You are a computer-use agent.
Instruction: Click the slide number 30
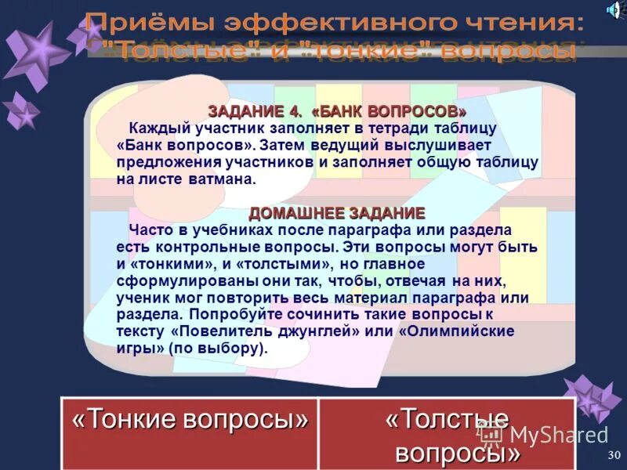pos(614,455)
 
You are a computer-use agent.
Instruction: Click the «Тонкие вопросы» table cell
pos(190,420)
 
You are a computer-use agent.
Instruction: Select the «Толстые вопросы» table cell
pos(447,435)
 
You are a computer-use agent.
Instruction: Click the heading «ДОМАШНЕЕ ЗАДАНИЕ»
pos(337,213)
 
